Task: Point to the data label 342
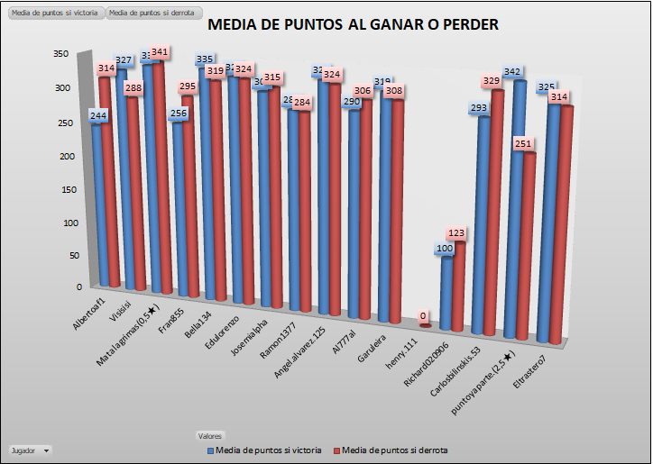tap(512, 71)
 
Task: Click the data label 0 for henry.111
tap(424, 316)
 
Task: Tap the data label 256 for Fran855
tap(178, 114)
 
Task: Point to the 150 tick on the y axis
tap(61, 188)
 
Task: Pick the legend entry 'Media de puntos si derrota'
tap(392, 450)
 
